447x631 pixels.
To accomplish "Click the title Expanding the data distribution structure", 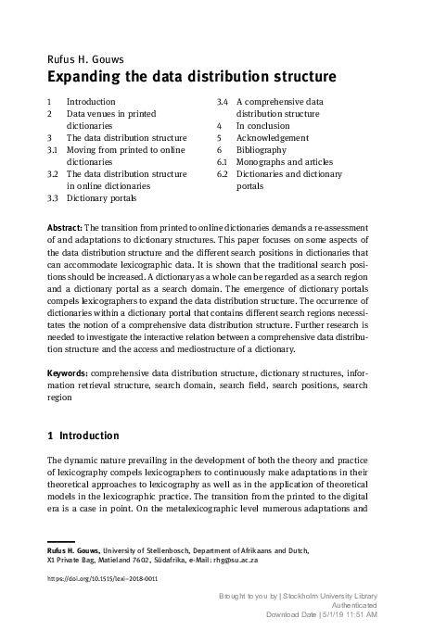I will click(x=178, y=76).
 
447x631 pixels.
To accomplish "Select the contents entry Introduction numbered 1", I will click(x=91, y=101).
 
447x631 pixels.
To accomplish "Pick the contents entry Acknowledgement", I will click(x=275, y=137).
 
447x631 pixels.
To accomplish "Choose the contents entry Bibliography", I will click(x=262, y=149).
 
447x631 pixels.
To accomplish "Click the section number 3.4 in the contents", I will click(x=223, y=101).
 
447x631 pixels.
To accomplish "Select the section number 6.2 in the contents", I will click(x=223, y=173).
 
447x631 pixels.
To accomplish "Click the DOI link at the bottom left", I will click(x=101, y=579).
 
